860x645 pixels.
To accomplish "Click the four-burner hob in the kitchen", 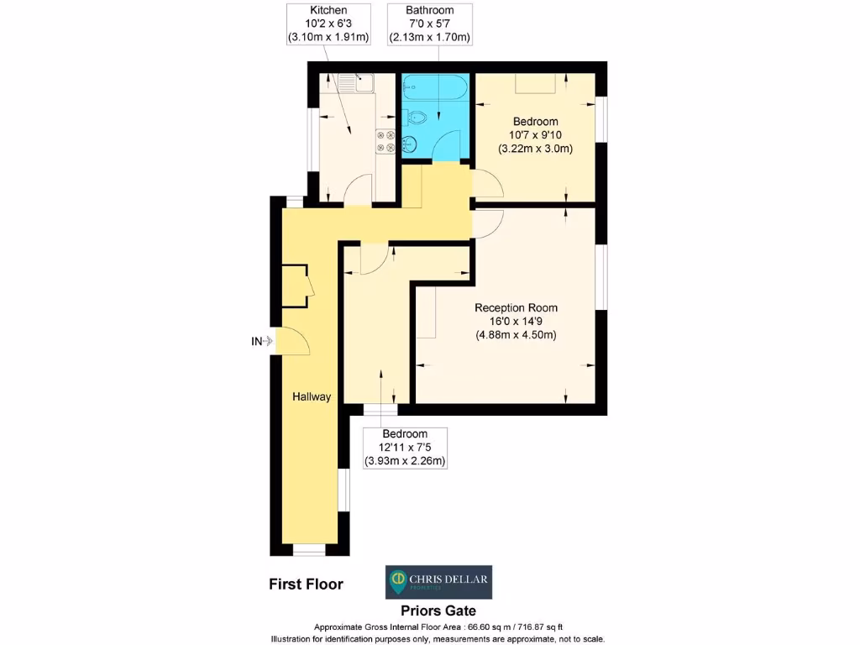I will [x=386, y=141].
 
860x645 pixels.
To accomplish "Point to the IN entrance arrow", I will [x=263, y=341].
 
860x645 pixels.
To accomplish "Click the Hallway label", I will [x=312, y=396].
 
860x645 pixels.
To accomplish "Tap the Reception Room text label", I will [x=516, y=307].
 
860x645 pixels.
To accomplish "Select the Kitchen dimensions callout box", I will [x=328, y=24].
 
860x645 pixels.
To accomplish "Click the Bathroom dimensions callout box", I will [x=429, y=24].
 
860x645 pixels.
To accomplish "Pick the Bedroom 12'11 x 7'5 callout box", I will [x=405, y=448].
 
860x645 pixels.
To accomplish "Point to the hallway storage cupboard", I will [x=295, y=286].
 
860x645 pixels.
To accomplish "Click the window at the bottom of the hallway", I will [x=308, y=550].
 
